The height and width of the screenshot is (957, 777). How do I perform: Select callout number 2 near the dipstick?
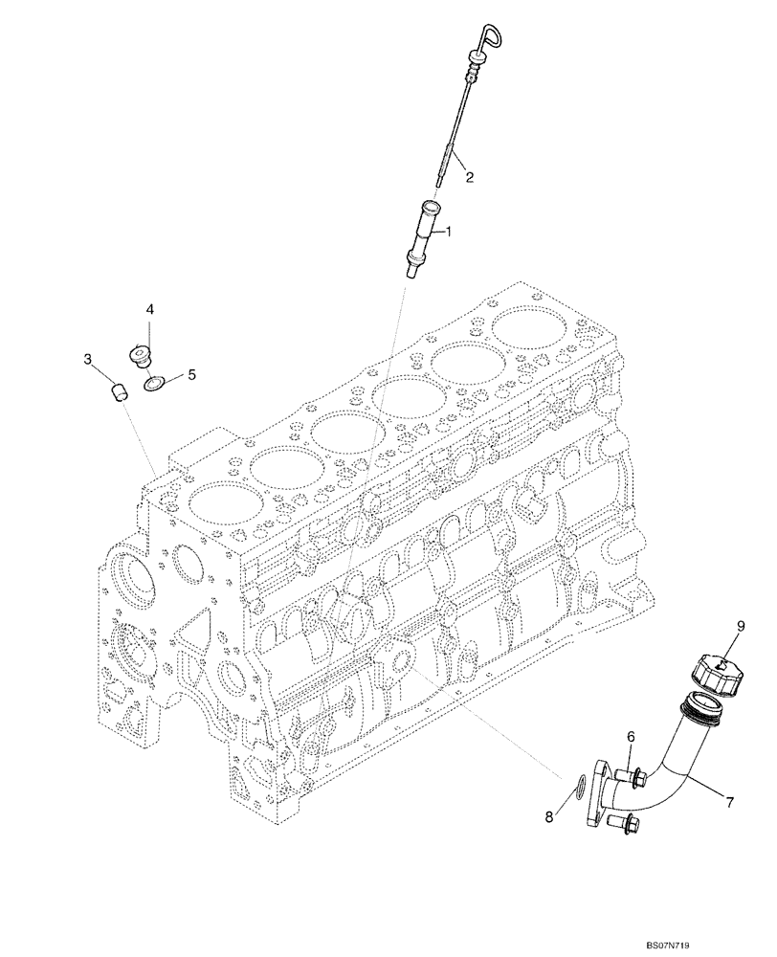coord(471,176)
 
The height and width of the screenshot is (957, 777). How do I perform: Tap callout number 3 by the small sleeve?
coord(87,360)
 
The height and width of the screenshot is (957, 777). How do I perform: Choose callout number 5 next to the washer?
coord(190,375)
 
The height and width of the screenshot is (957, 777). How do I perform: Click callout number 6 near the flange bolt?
coord(631,737)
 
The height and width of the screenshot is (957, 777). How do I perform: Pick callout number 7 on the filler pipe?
coord(729,802)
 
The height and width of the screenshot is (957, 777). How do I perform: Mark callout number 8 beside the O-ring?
coord(548,817)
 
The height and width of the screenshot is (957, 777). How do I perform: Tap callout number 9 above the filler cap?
coord(740,627)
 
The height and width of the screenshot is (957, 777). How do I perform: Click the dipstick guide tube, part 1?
coord(425,235)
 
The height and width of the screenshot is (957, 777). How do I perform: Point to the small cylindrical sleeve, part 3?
coord(117,390)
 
